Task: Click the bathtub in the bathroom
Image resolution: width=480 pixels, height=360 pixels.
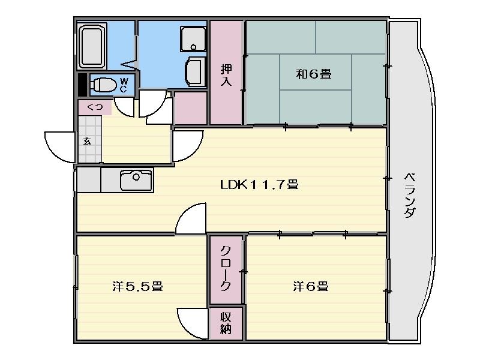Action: tap(92, 46)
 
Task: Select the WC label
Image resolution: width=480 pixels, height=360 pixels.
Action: tap(124, 85)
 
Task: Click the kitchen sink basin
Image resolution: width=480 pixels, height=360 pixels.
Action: tap(136, 180)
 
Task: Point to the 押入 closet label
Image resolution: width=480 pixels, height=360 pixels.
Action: tap(227, 76)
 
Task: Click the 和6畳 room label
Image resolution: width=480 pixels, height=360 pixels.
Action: tap(314, 74)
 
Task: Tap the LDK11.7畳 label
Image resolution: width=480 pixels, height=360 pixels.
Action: tap(259, 185)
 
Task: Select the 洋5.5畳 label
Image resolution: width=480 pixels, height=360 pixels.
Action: tap(138, 287)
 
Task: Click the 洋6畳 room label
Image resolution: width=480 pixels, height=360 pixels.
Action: tap(311, 287)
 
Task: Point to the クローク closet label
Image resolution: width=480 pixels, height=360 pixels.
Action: tap(226, 268)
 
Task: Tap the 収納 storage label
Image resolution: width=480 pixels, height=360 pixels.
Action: tap(226, 323)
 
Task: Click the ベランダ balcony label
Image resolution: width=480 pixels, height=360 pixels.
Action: tap(410, 196)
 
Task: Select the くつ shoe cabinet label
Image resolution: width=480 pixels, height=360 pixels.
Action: tap(95, 107)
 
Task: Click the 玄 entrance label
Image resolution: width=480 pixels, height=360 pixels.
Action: tap(88, 142)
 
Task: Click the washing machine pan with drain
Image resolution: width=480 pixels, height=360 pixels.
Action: tap(193, 39)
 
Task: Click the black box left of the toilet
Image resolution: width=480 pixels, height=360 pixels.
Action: tap(82, 85)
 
